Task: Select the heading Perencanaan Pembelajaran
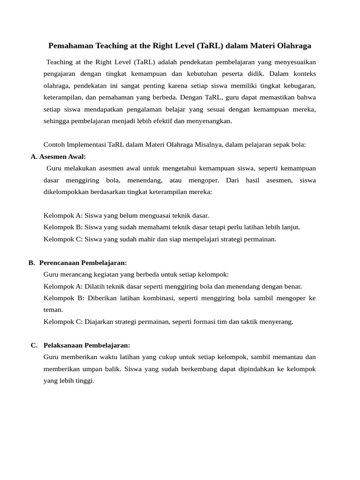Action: click(x=83, y=262)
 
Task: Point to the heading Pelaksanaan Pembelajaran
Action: click(x=87, y=345)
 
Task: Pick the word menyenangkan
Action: click(x=210, y=121)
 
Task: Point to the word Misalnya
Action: click(x=208, y=145)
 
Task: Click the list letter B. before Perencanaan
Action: click(x=31, y=262)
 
